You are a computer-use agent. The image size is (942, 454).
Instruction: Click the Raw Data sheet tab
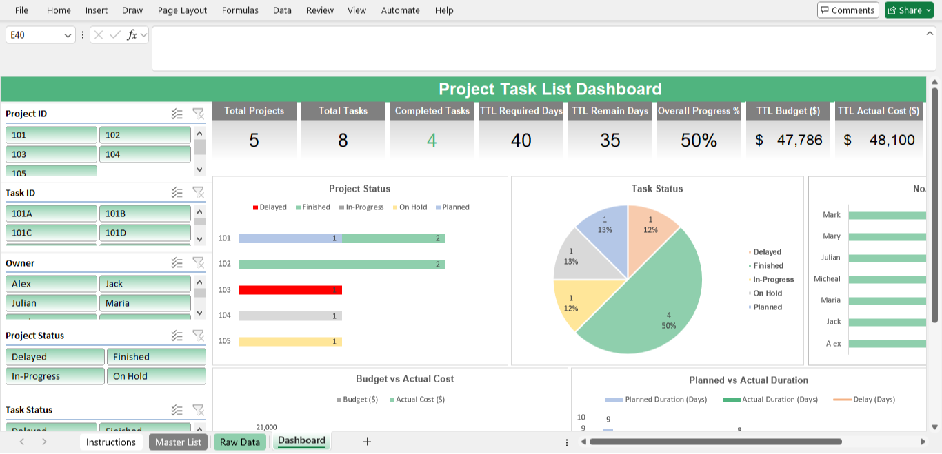240,442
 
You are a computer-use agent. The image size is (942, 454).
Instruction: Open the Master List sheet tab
178,442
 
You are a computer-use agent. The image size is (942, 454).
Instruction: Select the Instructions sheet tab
110,442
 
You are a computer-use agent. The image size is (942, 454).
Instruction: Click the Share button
908,10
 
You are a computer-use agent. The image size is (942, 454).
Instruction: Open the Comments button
848,10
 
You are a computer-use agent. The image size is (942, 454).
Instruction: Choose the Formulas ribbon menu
240,10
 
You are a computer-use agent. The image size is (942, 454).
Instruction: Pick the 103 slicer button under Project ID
51,154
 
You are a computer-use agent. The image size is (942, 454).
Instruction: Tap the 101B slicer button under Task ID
145,214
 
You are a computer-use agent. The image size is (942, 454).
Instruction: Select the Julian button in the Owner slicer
51,303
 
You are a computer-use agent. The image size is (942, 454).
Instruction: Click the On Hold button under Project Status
156,376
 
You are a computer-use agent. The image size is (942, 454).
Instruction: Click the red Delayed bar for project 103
290,290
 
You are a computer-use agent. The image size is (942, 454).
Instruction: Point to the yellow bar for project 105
290,342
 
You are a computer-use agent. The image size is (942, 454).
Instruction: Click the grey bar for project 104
290,316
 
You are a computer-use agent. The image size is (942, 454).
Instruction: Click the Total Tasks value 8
343,141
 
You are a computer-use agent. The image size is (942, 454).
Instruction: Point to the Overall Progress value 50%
699,141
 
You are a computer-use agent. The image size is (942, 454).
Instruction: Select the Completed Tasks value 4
432,141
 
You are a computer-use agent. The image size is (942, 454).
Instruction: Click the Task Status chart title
657,189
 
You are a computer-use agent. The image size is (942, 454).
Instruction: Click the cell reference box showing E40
34,35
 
